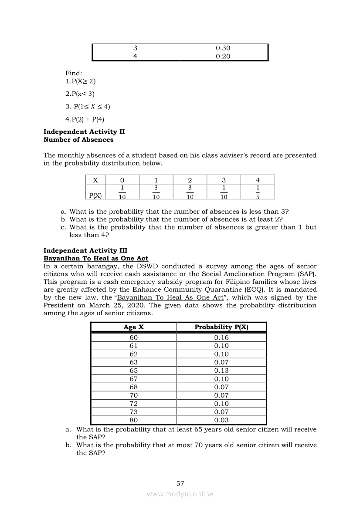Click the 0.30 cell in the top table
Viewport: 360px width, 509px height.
(x=223, y=48)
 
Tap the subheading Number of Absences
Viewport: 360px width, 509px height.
(x=78, y=140)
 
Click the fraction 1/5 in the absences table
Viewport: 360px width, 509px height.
(x=258, y=192)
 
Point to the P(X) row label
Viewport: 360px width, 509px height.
(x=95, y=196)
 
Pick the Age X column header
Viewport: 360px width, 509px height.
(x=133, y=327)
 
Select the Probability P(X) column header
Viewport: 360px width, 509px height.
(x=221, y=327)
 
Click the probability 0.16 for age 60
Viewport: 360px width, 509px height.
(x=221, y=337)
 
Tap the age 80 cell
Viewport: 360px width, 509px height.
(x=134, y=420)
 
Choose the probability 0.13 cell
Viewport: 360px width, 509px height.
(x=221, y=371)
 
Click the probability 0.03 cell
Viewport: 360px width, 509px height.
(x=221, y=420)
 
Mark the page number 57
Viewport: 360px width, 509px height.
(x=180, y=483)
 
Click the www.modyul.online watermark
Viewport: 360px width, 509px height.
(x=180, y=494)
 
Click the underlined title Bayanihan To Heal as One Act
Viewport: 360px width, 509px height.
(x=96, y=258)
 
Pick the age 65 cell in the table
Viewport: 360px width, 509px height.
(x=134, y=371)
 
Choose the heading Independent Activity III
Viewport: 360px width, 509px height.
(x=85, y=250)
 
